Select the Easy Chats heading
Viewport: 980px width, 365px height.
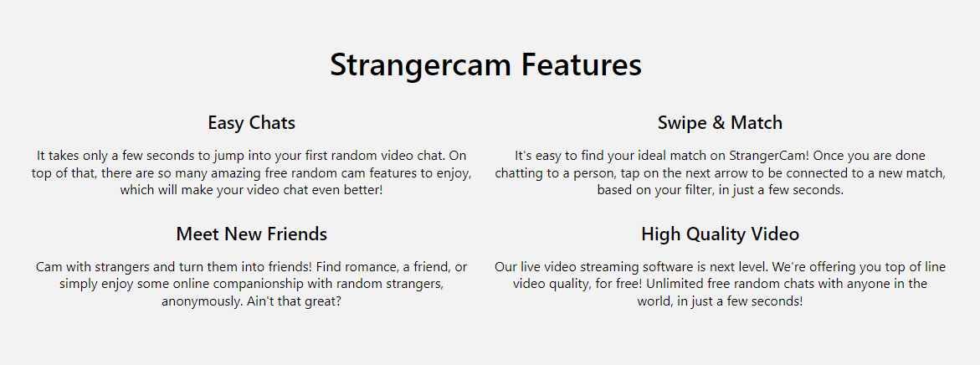pos(251,123)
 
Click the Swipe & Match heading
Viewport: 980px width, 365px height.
pos(720,123)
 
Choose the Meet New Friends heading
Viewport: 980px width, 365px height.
pos(251,234)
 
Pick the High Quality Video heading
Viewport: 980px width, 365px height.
pos(720,234)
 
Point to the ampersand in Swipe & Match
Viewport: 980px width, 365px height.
pos(718,123)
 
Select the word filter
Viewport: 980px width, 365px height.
pos(716,190)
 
